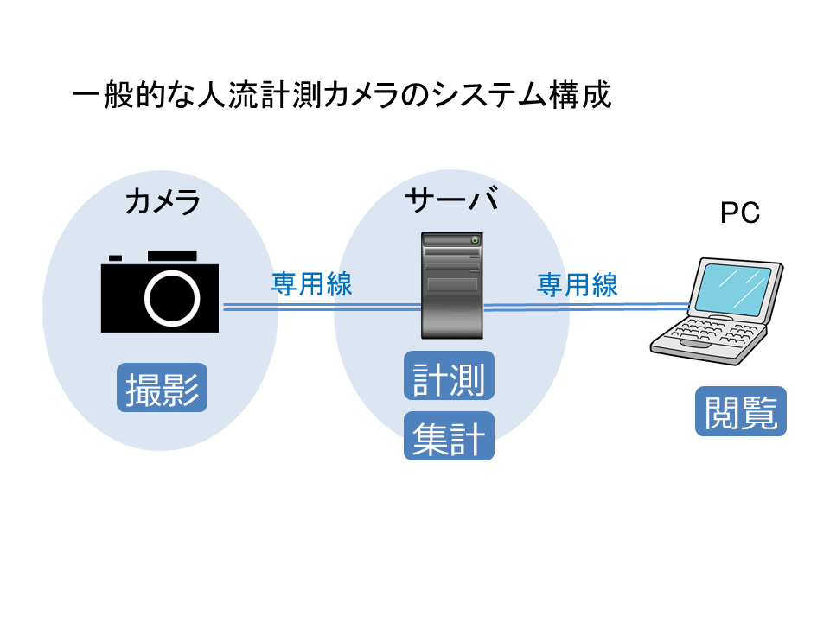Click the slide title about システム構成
(x=342, y=94)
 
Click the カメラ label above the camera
(x=163, y=203)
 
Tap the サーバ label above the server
(x=451, y=200)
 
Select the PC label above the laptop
(x=740, y=213)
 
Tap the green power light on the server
(x=474, y=239)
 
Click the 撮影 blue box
(x=163, y=388)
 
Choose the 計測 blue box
(x=449, y=376)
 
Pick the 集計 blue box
(x=449, y=437)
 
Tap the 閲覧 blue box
(x=741, y=411)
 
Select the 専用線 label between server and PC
(x=578, y=284)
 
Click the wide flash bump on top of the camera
(x=172, y=256)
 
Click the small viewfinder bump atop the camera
(x=115, y=257)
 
